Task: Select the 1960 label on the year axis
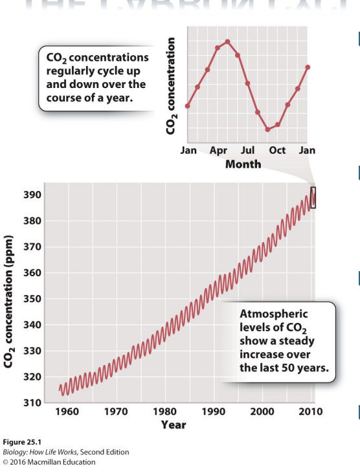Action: [67, 412]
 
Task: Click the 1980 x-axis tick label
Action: [165, 412]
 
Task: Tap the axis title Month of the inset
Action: [243, 164]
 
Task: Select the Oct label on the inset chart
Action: [277, 150]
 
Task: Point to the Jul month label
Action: [247, 150]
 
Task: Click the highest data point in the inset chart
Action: [227, 41]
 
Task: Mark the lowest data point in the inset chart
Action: [267, 129]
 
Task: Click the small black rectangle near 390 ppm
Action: [313, 197]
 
